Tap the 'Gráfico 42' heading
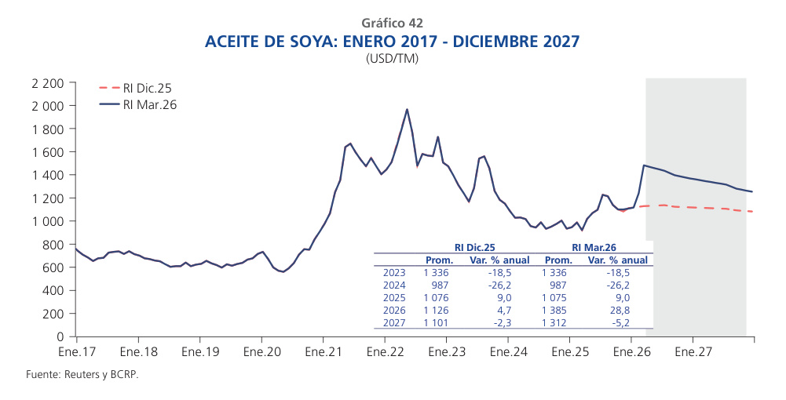tap(393, 24)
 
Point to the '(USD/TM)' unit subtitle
tap(393, 59)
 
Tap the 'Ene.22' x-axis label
tap(384, 352)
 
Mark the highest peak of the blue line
tap(407, 109)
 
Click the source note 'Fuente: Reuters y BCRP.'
tap(82, 375)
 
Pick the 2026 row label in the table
tap(393, 310)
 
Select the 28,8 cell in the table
tap(620, 310)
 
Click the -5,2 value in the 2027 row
tap(620, 322)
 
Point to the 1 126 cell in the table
tap(437, 310)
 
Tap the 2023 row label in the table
tap(393, 272)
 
